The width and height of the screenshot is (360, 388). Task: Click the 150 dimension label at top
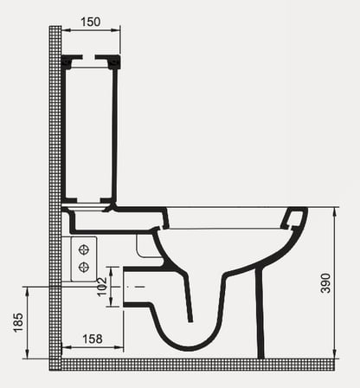click(x=91, y=22)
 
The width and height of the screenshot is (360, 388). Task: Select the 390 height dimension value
click(x=325, y=283)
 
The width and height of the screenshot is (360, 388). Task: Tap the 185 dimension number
click(x=18, y=322)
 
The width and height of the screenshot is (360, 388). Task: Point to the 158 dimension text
click(x=93, y=339)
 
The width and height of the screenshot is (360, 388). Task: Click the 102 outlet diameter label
click(x=102, y=287)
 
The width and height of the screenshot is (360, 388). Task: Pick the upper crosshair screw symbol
click(x=84, y=249)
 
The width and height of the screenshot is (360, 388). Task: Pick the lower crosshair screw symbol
click(x=84, y=268)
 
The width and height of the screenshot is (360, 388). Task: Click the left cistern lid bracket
click(x=72, y=61)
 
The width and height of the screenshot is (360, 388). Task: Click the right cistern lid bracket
click(x=108, y=61)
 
